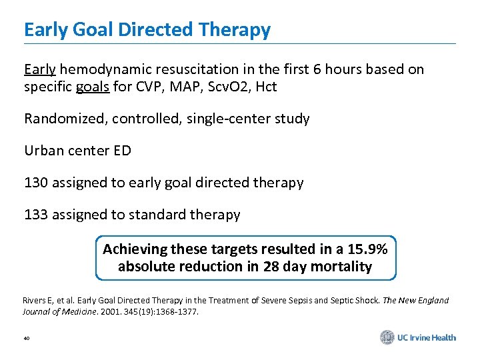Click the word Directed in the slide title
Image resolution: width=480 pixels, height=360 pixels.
coord(156,30)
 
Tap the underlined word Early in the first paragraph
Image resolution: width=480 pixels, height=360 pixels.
coord(40,69)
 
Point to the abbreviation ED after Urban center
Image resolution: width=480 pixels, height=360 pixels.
coord(122,151)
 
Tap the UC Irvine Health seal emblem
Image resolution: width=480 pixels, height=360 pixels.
coord(387,337)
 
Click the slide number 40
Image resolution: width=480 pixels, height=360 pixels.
coord(27,339)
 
